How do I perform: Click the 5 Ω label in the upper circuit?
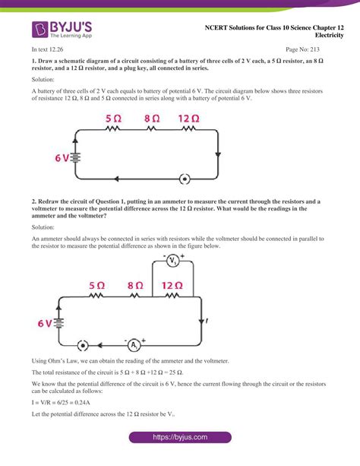[x=113, y=119]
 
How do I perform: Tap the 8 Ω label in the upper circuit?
[x=151, y=119]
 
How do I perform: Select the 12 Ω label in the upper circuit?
[x=189, y=119]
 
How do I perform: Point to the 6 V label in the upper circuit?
[x=62, y=158]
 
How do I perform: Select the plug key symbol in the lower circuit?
[x=82, y=344]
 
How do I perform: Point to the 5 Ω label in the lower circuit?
[x=96, y=286]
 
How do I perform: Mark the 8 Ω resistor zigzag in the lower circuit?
[x=135, y=297]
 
